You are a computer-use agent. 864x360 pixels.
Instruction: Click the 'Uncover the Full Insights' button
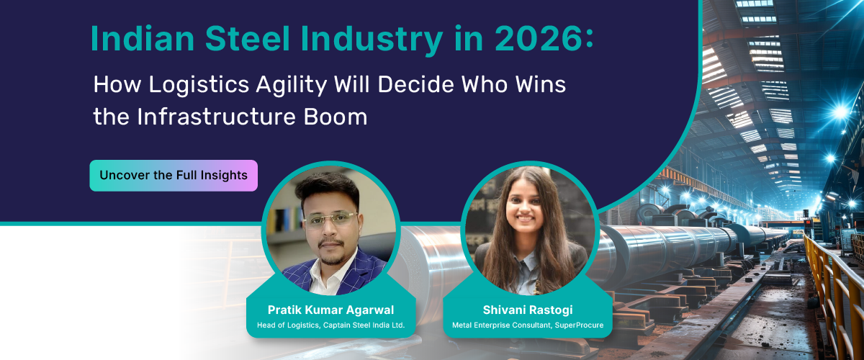pyautogui.click(x=174, y=175)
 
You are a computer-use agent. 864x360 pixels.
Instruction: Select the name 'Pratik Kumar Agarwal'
pyautogui.click(x=330, y=310)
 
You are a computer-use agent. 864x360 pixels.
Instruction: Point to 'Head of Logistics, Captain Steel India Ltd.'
pyautogui.click(x=330, y=325)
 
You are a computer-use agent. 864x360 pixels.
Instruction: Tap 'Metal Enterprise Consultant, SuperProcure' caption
pyautogui.click(x=528, y=325)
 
